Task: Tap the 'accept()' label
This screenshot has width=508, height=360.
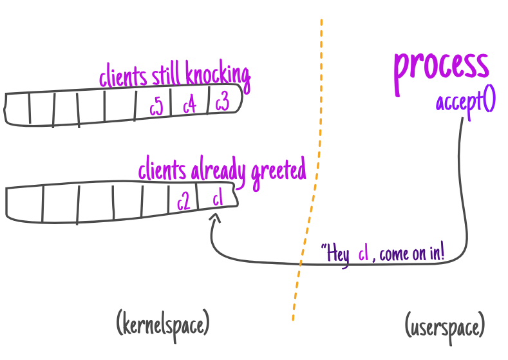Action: point(465,102)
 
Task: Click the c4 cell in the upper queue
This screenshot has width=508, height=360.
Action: point(189,105)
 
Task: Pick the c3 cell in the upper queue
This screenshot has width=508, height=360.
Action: point(222,103)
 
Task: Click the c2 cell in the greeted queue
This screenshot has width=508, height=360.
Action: point(183,202)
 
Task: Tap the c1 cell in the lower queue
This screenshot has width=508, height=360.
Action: point(217,200)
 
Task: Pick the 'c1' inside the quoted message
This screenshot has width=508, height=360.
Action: point(364,254)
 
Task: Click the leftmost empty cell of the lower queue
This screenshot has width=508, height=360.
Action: point(24,203)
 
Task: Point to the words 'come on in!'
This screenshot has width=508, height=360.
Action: point(411,253)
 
